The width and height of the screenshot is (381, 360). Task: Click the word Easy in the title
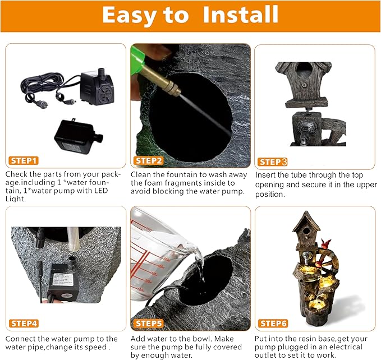[137, 15]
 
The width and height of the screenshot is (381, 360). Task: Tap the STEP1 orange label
[24, 160]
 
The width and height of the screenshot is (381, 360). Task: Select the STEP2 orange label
[149, 160]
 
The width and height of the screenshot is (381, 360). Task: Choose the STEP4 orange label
[24, 324]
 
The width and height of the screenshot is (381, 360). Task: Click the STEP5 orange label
[149, 324]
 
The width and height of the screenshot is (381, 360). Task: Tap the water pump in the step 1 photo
[97, 87]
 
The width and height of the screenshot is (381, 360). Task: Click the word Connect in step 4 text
[21, 339]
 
